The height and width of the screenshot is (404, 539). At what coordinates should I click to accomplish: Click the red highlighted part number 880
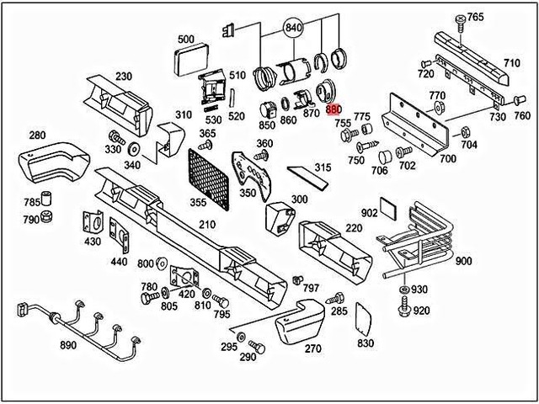coord(334,109)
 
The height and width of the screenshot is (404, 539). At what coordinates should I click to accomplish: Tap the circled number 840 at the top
coord(292,27)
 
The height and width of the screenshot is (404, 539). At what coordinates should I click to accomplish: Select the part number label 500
coord(185,39)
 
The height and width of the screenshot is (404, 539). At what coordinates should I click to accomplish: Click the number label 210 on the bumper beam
coord(207,224)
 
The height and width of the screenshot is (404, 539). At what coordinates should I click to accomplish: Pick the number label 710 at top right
coord(511,63)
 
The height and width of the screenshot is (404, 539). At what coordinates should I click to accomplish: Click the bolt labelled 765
coord(461,19)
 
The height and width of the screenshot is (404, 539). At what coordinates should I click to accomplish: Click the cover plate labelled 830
coord(365,316)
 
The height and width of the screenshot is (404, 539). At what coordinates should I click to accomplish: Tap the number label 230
coord(124,77)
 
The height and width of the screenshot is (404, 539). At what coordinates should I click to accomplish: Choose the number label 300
coord(299,199)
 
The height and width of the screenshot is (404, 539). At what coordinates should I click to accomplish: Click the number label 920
coord(421,311)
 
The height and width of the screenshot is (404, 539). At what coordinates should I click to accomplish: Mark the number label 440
coord(119,261)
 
